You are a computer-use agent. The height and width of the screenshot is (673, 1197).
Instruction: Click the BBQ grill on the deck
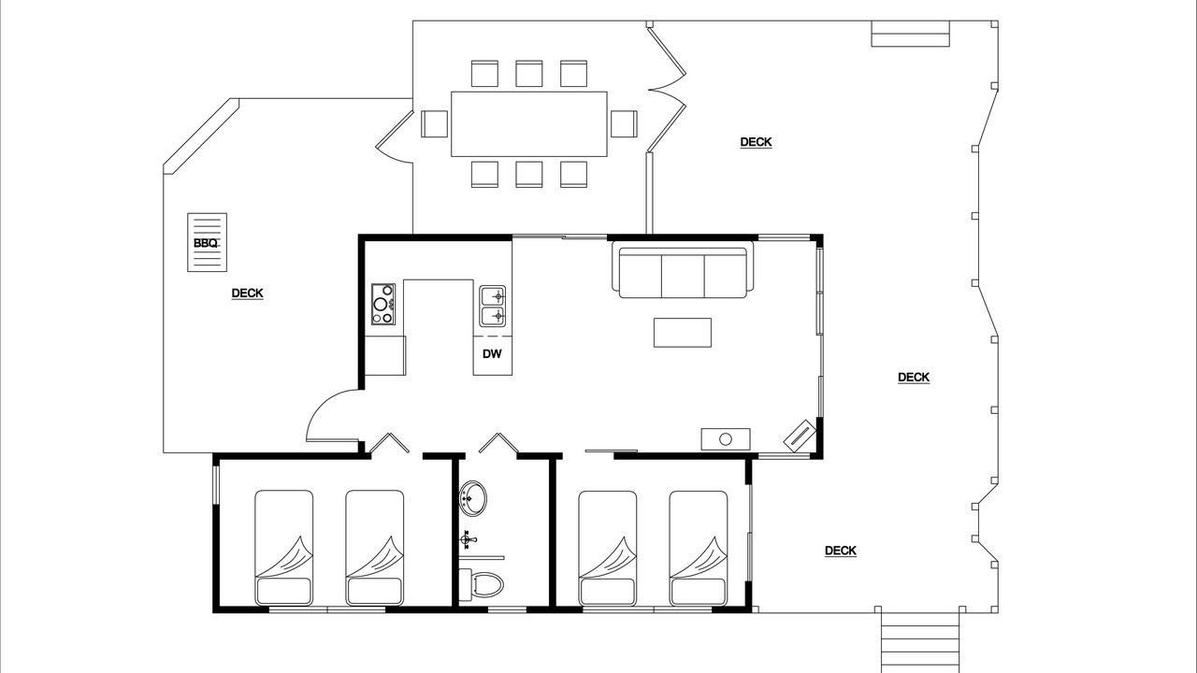(x=207, y=242)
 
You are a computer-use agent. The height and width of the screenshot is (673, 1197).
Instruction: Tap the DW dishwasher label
(x=492, y=354)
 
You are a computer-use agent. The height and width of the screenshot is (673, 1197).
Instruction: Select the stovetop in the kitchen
(x=383, y=305)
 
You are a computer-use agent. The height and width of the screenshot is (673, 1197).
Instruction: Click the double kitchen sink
(x=492, y=306)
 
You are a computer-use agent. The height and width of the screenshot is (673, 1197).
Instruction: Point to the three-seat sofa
(x=683, y=270)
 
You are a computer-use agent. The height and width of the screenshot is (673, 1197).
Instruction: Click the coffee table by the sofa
(x=683, y=333)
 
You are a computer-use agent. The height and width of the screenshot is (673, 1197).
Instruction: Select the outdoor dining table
(x=529, y=124)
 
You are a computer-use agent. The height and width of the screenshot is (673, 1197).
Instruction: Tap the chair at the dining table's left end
(x=434, y=124)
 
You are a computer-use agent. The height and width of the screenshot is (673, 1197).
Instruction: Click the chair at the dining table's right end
(x=624, y=124)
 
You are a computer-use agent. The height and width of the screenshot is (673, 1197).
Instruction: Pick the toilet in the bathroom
(x=482, y=585)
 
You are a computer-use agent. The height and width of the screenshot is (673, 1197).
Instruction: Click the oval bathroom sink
(x=473, y=499)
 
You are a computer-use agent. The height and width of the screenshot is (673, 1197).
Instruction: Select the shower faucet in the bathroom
(x=468, y=539)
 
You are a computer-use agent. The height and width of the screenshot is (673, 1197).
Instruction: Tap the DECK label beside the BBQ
(x=248, y=294)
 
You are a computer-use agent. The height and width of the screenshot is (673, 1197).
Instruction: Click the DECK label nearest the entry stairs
(x=841, y=551)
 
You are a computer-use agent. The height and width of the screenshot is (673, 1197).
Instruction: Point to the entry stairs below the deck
(x=919, y=642)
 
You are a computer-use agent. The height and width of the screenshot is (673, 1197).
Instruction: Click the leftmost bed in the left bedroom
(x=283, y=548)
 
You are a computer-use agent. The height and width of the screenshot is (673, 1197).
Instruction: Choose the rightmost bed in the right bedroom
(x=699, y=548)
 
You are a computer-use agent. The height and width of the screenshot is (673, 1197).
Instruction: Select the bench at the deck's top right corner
(x=911, y=34)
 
